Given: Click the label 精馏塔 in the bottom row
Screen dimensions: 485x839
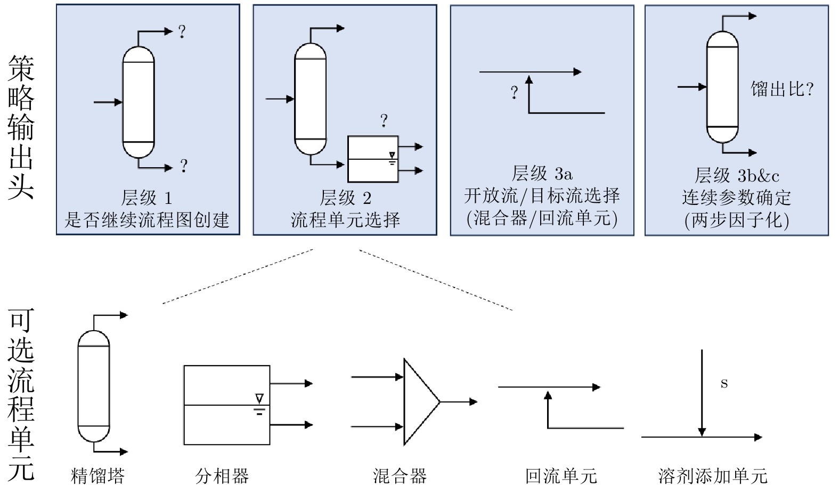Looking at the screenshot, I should pos(97,475).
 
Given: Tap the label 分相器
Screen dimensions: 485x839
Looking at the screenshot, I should pos(222,475).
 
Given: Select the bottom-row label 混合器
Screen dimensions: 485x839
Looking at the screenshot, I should pos(400,475).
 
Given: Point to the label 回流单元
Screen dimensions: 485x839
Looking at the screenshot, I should pos(561,475).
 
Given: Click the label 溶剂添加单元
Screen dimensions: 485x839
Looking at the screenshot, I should pos(713,475).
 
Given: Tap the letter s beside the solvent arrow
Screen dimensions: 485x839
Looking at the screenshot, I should pos(724,383).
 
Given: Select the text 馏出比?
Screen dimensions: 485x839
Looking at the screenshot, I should pos(782,89).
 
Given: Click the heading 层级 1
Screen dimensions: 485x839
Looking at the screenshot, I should pos(146,198).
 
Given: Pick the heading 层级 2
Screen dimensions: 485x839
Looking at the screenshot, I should pos(345,198).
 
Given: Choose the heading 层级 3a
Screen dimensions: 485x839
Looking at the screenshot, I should pos(542,174).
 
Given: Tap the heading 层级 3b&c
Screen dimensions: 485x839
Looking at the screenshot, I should pos(737,175).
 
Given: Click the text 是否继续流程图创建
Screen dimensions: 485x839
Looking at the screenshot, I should pos(146,219).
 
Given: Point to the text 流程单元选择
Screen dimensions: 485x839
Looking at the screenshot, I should pos(345,219).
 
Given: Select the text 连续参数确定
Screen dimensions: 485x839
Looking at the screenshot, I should pos(737,198).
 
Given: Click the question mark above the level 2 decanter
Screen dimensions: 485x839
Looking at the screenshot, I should pos(384,121).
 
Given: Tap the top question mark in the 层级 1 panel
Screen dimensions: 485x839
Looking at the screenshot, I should pos(182,32).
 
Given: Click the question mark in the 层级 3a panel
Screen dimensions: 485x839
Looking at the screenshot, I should pos(514,93).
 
